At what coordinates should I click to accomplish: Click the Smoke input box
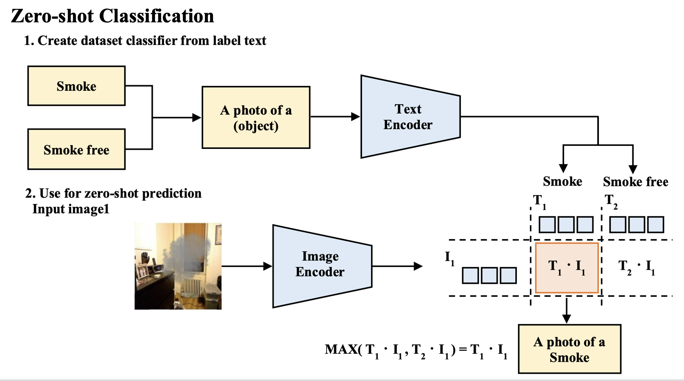click(76, 86)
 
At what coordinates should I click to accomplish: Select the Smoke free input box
click(76, 149)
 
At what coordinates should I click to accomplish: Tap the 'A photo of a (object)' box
click(256, 117)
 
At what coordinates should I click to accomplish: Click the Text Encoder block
click(408, 117)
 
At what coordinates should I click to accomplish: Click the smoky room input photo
click(178, 266)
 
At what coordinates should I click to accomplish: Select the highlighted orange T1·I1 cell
click(567, 267)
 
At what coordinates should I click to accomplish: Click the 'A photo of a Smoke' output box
click(569, 349)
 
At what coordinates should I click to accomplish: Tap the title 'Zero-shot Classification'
click(112, 16)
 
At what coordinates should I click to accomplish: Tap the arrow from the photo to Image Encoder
click(246, 266)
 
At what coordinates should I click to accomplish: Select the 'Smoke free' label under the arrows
click(635, 182)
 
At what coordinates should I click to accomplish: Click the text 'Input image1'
click(71, 209)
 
